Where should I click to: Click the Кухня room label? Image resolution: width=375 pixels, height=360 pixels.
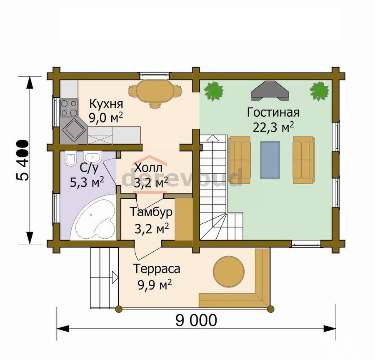coord(106,104)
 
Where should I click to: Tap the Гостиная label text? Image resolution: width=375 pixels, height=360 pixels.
coord(273,112)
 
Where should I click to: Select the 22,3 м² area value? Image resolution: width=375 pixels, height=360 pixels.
coord(273,127)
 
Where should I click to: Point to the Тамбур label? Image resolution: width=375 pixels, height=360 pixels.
coord(151,212)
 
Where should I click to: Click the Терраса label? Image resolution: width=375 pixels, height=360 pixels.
coord(157,269)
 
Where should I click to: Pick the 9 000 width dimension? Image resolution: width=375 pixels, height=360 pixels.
coord(196,320)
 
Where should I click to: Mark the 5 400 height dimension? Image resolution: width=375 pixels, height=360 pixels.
coord(23,160)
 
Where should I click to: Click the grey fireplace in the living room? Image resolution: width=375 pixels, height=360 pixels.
coord(270,90)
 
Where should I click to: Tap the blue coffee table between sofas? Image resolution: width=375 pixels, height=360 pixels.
coord(270,160)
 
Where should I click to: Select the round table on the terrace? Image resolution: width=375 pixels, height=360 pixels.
coord(229,272)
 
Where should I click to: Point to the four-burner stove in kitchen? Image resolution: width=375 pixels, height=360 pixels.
coord(69,108)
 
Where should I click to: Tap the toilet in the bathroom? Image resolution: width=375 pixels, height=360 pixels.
coord(70,158)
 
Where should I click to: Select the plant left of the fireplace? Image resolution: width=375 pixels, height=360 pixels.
coord(214,91)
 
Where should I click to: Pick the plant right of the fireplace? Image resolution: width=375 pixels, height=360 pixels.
coord(319,91)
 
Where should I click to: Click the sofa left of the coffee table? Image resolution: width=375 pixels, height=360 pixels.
coord(240,160)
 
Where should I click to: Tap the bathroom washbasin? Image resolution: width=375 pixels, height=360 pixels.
coord(92,157)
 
